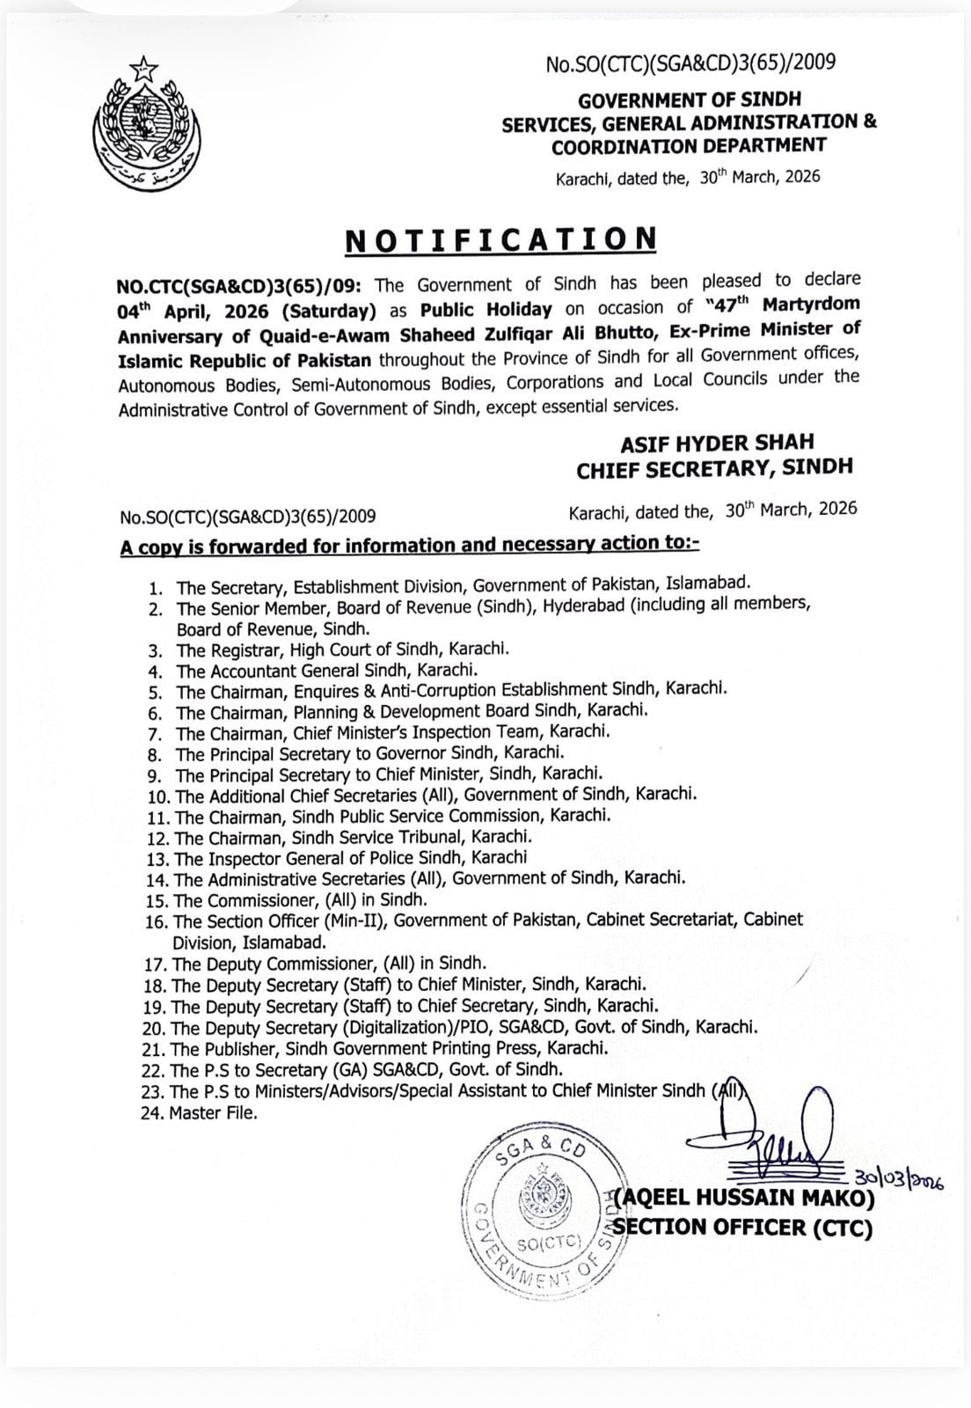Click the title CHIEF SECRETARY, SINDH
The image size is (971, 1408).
[x=714, y=469]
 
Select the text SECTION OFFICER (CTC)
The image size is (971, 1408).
[x=743, y=1227]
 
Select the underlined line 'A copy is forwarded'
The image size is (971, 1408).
[x=409, y=545]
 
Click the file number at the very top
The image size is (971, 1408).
[x=690, y=63]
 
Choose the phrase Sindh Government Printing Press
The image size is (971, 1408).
[x=398, y=1048]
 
